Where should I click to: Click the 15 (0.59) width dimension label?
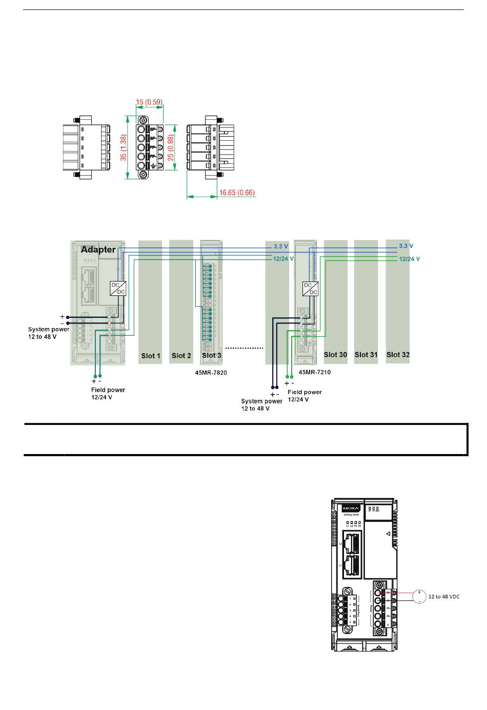click(x=149, y=102)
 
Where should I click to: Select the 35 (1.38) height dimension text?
click(x=124, y=148)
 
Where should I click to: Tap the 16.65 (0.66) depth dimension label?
click(x=237, y=193)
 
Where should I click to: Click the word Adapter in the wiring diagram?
click(x=98, y=250)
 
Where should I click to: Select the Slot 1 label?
click(x=151, y=356)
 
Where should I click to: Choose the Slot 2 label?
click(x=181, y=356)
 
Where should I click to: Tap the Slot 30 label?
click(x=335, y=355)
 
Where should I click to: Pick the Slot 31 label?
click(x=366, y=355)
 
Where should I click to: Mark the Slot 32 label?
click(x=398, y=355)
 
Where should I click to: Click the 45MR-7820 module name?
click(x=211, y=373)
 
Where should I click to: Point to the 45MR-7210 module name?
click(x=315, y=372)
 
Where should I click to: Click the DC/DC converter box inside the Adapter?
click(x=118, y=288)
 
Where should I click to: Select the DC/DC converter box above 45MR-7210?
click(x=310, y=289)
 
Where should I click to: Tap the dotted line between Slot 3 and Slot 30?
click(x=244, y=348)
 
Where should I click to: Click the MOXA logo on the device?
click(x=352, y=508)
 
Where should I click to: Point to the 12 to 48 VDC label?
click(x=444, y=597)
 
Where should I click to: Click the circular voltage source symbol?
click(x=419, y=597)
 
